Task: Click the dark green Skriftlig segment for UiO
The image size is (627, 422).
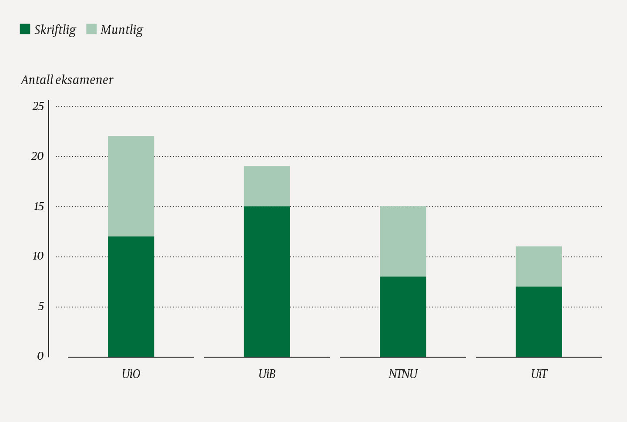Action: [131, 297]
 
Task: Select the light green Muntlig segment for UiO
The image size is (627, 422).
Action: [131, 186]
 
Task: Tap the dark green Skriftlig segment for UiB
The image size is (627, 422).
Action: [267, 281]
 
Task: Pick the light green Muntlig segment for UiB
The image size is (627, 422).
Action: [267, 186]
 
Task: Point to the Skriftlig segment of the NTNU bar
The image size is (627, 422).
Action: [403, 317]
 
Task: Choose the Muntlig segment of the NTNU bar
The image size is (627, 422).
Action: [403, 241]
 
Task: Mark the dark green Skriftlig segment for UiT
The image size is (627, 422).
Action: [539, 321]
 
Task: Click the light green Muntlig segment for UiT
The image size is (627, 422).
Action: [539, 266]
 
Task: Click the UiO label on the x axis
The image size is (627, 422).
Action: [131, 374]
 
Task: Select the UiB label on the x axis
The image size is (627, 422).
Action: [267, 374]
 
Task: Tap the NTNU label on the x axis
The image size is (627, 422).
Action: [403, 374]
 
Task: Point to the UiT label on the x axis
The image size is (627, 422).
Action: [539, 374]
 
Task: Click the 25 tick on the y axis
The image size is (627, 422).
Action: [38, 106]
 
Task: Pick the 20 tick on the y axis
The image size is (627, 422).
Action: [38, 156]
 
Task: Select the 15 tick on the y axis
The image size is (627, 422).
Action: [39, 206]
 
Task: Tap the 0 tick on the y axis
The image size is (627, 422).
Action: [40, 357]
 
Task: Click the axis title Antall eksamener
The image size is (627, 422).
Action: [67, 80]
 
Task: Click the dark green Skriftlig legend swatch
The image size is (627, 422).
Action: [25, 29]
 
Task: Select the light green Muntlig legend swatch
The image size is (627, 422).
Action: [91, 29]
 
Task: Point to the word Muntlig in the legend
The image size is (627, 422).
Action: [122, 30]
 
